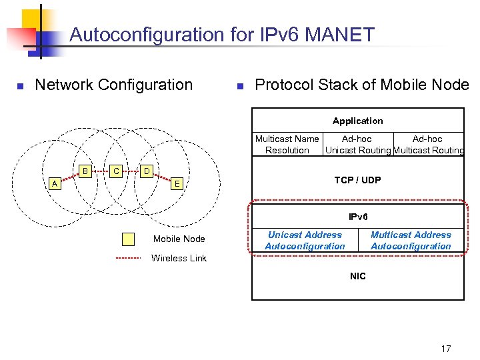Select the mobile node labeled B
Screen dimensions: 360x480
click(85, 171)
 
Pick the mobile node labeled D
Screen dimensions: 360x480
click(147, 171)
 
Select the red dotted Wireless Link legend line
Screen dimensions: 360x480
click(128, 258)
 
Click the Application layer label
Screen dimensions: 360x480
click(357, 121)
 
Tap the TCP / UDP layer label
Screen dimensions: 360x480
click(357, 180)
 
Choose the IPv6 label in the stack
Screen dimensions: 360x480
click(357, 217)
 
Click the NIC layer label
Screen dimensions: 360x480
click(357, 276)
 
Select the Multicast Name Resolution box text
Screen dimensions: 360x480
click(287, 145)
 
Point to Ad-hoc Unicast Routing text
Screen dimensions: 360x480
click(357, 145)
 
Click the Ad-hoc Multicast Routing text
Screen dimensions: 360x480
click(428, 145)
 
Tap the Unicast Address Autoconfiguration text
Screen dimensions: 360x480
click(305, 241)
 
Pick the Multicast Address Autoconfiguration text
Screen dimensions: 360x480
click(411, 241)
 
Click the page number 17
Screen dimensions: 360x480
click(446, 349)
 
